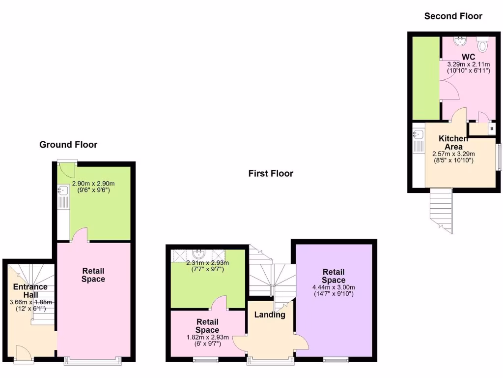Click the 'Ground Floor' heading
[68, 145]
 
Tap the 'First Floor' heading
[271, 173]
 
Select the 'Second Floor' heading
[453, 16]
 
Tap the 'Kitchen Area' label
[453, 143]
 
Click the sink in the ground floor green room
[62, 190]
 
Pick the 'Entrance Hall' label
[30, 290]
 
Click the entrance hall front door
[23, 353]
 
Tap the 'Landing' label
[270, 315]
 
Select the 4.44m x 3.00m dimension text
[334, 287]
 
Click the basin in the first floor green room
[199, 254]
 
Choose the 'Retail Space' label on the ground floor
[93, 275]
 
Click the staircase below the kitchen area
[441, 210]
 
